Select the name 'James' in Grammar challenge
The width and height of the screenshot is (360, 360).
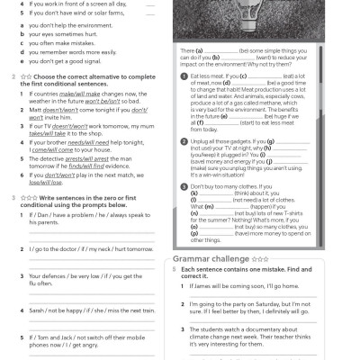(206, 286)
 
